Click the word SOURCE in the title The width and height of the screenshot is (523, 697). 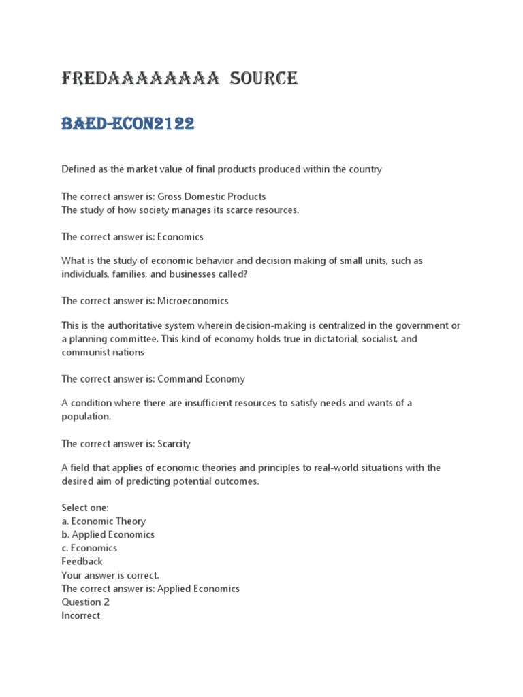264,79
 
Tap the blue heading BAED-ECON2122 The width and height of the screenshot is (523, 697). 128,124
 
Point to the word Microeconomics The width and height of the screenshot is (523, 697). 193,301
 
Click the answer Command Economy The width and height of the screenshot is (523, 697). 201,379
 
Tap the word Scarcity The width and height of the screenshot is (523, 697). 174,444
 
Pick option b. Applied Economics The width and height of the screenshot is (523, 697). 108,535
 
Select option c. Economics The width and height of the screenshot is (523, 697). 89,548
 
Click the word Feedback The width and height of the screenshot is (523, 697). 82,562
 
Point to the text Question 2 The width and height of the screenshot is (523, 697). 85,602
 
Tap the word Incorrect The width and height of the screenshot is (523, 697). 80,616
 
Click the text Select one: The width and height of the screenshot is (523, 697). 84,508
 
